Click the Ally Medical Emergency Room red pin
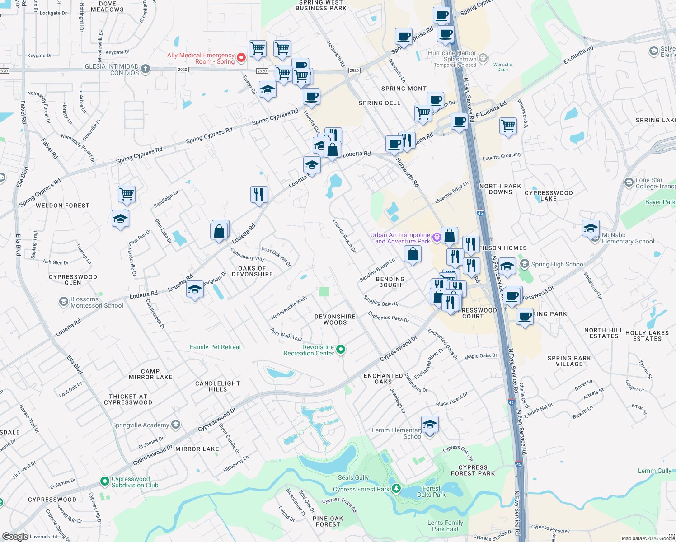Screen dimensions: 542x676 [x=241, y=57]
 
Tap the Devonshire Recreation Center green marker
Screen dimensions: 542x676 [x=341, y=349]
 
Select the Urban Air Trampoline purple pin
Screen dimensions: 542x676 [x=436, y=237]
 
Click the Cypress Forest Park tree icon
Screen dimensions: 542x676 [x=396, y=488]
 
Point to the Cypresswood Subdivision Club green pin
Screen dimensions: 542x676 [x=104, y=481]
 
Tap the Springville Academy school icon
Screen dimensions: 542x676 [x=176, y=425]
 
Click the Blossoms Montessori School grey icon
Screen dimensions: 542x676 [x=64, y=302]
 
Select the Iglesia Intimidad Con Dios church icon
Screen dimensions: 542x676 [x=145, y=69]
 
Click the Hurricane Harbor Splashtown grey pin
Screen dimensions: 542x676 [x=483, y=58]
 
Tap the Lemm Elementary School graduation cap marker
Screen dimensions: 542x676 [x=429, y=424]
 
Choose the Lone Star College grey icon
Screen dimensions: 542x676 [x=629, y=182]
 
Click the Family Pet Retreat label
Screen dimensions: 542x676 [x=215, y=347]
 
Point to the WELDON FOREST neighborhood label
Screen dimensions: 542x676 [x=62, y=206]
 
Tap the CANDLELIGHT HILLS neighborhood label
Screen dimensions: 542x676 [x=218, y=386]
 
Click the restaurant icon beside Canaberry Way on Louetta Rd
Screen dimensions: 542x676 [x=259, y=195]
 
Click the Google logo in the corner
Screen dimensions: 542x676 [x=15, y=536]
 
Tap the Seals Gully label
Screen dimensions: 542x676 [x=353, y=477]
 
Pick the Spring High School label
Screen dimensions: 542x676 [x=558, y=264]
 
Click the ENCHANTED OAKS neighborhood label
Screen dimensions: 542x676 [x=383, y=378]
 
